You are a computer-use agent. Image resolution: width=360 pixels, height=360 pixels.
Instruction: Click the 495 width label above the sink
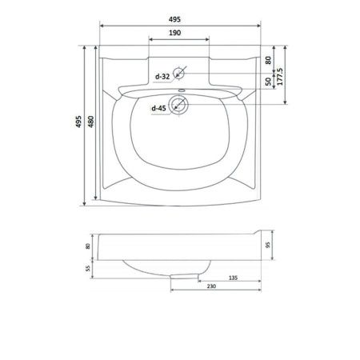point(174,19)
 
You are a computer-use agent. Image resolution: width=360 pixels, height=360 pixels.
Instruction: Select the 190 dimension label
point(174,33)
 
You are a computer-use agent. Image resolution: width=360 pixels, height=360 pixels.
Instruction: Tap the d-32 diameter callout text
point(162,77)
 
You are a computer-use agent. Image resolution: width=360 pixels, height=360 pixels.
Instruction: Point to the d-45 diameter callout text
point(158,108)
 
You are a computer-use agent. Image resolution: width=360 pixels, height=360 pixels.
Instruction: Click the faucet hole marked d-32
point(178,73)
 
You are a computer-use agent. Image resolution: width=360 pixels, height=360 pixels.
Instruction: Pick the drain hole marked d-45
point(178,104)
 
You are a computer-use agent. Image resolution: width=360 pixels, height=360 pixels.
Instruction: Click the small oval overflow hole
point(182,90)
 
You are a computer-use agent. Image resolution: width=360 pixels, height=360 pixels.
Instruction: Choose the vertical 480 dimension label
point(91,122)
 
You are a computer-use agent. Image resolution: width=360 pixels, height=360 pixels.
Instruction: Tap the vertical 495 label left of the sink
point(78,122)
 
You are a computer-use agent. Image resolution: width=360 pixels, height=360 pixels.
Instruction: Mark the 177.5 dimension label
point(280,77)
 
